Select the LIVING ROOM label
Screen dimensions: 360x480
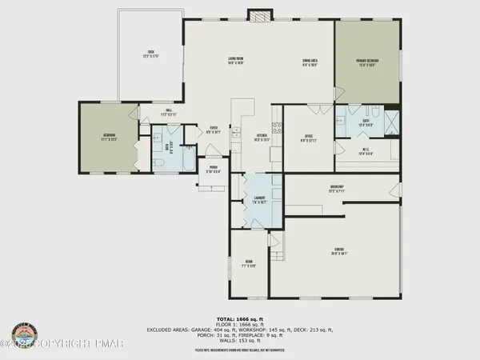point(234,59)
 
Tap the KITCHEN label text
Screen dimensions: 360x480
point(261,137)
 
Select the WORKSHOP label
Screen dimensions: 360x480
point(336,189)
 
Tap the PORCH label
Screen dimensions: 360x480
point(214,169)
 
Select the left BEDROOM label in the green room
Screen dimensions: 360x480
point(106,138)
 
